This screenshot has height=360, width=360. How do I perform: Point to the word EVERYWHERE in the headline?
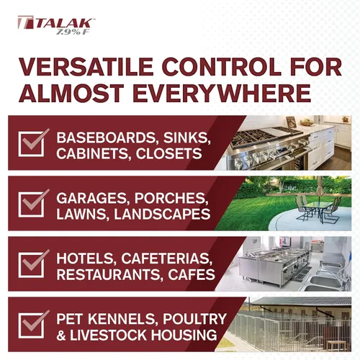215,94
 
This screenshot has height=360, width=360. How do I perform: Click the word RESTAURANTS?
107,274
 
